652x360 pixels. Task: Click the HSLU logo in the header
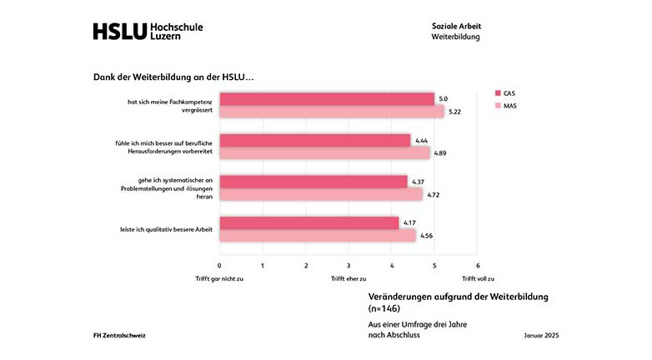(148, 32)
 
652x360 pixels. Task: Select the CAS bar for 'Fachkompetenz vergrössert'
(327, 99)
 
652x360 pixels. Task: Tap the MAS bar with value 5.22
(331, 112)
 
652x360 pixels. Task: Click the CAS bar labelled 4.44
(314, 140)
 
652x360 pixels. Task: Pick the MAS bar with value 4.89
(324, 153)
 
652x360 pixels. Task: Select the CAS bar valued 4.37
(313, 182)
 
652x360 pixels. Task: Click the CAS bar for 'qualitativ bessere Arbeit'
(308, 222)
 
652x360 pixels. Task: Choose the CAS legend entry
(509, 93)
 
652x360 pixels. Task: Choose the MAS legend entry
(509, 106)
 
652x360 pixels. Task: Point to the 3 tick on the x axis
(349, 266)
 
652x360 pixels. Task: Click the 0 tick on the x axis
(220, 266)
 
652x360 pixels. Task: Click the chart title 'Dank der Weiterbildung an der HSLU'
(173, 77)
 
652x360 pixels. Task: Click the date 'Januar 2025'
(541, 335)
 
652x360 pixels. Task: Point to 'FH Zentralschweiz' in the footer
(121, 335)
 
